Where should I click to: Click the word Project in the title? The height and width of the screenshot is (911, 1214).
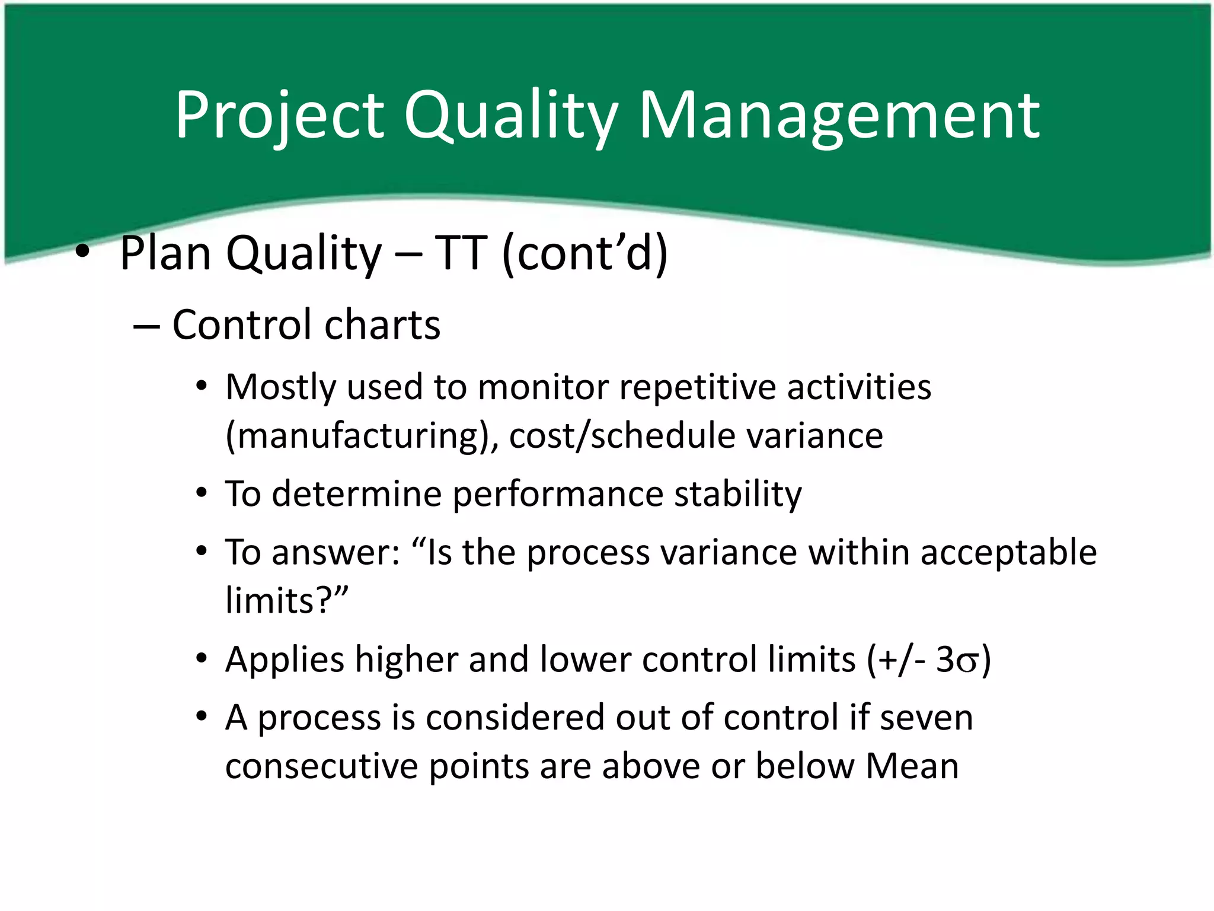[x=279, y=116]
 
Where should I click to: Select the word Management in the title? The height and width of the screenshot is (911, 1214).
[x=839, y=116]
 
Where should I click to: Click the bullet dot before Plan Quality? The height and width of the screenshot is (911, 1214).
[x=82, y=253]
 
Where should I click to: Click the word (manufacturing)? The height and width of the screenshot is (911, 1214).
[x=362, y=436]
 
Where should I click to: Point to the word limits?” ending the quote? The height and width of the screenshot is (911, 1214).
[x=287, y=600]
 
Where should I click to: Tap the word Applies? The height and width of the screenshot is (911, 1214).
[x=285, y=660]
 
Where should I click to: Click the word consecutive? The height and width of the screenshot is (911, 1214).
[x=321, y=766]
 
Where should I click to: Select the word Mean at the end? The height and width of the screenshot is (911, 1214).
[x=912, y=766]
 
